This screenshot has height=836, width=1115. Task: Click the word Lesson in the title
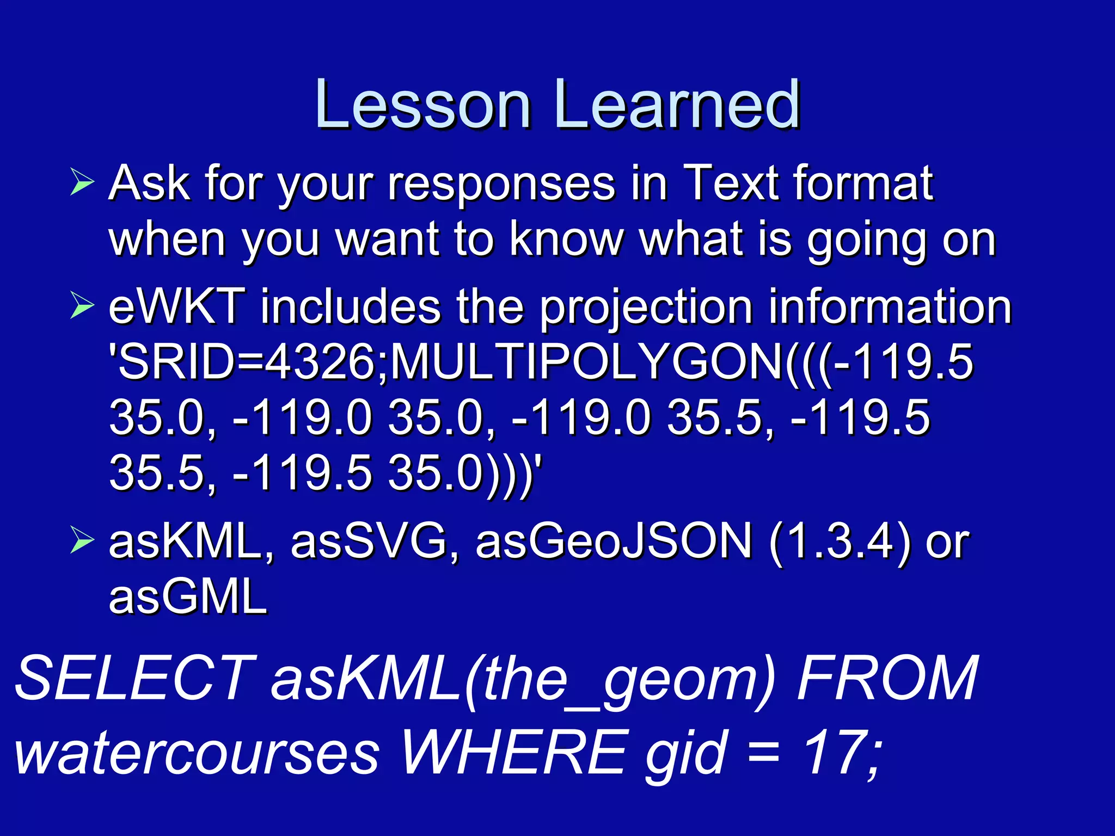(x=423, y=104)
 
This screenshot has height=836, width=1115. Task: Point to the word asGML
(x=188, y=597)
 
